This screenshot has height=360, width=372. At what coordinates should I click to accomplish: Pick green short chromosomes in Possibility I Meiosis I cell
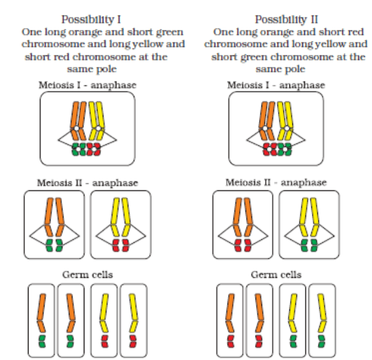pyautogui.click(x=78, y=149)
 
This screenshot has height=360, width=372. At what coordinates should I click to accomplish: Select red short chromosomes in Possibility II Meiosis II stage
pyautogui.click(x=242, y=246)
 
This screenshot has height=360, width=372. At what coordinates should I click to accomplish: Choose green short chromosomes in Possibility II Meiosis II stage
pyautogui.click(x=308, y=246)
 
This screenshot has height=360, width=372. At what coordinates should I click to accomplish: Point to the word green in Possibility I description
pyautogui.click(x=169, y=32)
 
